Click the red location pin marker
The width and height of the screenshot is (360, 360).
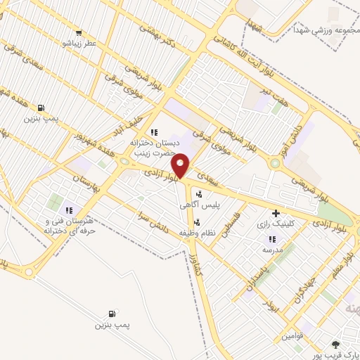click(x=181, y=165)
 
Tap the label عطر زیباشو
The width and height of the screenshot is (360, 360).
click(x=78, y=43)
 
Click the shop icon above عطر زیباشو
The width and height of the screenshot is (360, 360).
click(x=78, y=32)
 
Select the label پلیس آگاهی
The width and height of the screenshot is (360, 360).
click(x=200, y=205)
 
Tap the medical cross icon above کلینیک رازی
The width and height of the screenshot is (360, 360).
click(x=275, y=213)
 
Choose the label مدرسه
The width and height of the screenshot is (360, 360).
click(x=272, y=250)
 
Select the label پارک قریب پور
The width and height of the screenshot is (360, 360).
click(x=337, y=354)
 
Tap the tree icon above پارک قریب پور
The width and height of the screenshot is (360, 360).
click(x=335, y=344)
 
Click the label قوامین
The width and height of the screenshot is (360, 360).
click(x=293, y=337)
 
